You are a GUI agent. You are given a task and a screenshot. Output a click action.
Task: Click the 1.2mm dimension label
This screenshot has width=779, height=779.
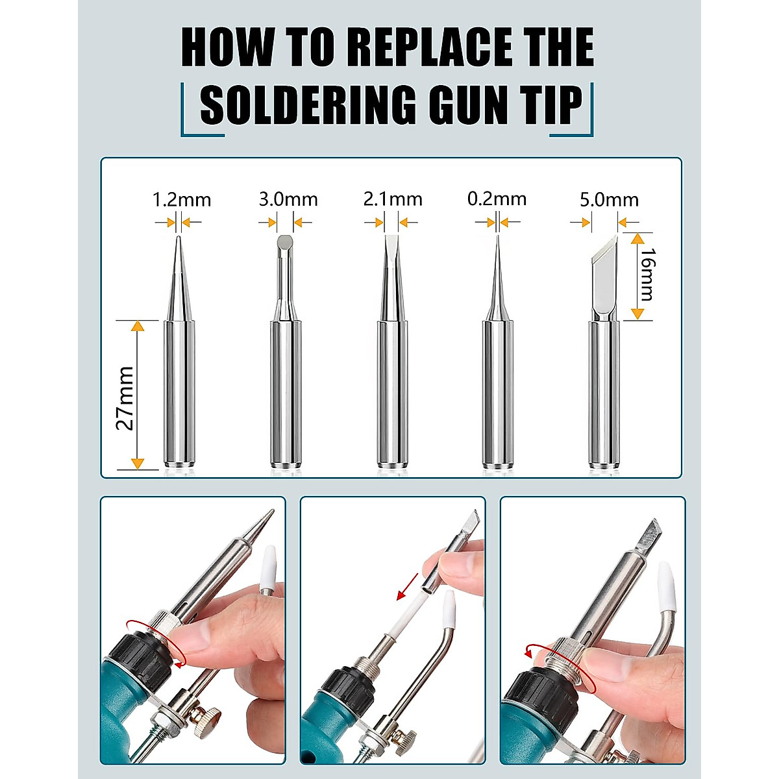(181, 199)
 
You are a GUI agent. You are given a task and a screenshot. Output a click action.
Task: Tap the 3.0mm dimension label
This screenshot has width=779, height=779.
(288, 199)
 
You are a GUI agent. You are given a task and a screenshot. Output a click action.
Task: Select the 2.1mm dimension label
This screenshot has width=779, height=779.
(392, 199)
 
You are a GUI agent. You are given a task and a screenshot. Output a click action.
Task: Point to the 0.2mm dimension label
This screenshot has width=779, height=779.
(497, 199)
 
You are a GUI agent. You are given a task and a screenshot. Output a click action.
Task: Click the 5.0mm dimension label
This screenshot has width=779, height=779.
(608, 199)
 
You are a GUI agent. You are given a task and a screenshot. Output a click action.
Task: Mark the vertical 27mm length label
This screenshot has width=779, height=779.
(125, 398)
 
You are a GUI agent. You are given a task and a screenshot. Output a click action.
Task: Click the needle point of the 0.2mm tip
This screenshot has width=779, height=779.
(497, 243)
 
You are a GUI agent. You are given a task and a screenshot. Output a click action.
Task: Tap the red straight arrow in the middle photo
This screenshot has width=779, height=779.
(408, 585)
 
